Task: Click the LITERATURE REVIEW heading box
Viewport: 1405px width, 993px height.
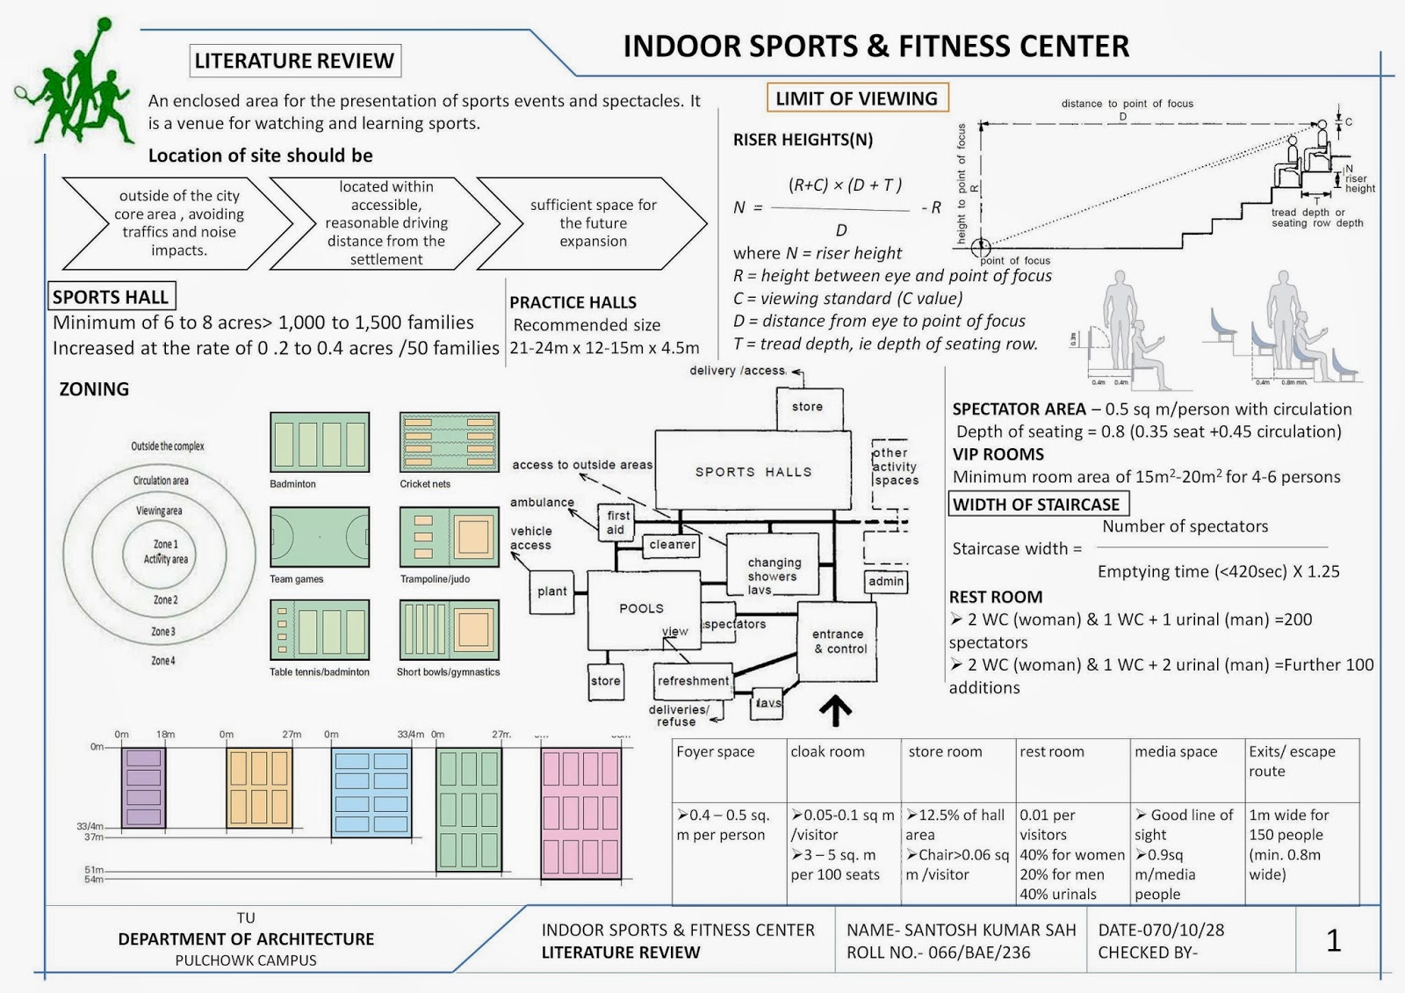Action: click(x=295, y=61)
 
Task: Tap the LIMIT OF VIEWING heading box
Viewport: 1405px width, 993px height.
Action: click(x=856, y=98)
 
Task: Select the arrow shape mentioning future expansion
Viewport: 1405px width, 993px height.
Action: click(x=593, y=223)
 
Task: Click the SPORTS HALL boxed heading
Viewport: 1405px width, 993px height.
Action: click(x=112, y=297)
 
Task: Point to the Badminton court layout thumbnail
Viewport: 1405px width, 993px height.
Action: click(x=320, y=443)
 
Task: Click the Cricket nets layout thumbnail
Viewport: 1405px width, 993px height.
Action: click(x=450, y=443)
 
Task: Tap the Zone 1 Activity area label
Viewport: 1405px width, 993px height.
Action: click(x=165, y=551)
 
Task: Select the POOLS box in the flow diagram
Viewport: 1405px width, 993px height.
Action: click(x=642, y=608)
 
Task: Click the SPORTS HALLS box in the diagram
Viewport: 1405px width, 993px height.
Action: click(x=753, y=472)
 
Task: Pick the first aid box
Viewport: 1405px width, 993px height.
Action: click(x=617, y=522)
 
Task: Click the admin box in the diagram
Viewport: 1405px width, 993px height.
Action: click(x=885, y=581)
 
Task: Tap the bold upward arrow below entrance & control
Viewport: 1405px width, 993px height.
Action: click(x=835, y=711)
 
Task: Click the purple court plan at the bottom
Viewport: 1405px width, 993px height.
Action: click(x=143, y=788)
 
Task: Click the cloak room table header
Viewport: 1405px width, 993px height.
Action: click(x=827, y=752)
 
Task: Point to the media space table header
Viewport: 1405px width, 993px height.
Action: click(x=1176, y=752)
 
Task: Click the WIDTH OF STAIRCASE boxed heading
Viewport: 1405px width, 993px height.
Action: click(x=1038, y=504)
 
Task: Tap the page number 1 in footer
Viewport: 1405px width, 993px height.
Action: click(x=1333, y=941)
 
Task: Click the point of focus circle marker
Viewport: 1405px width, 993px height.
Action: click(x=981, y=248)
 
